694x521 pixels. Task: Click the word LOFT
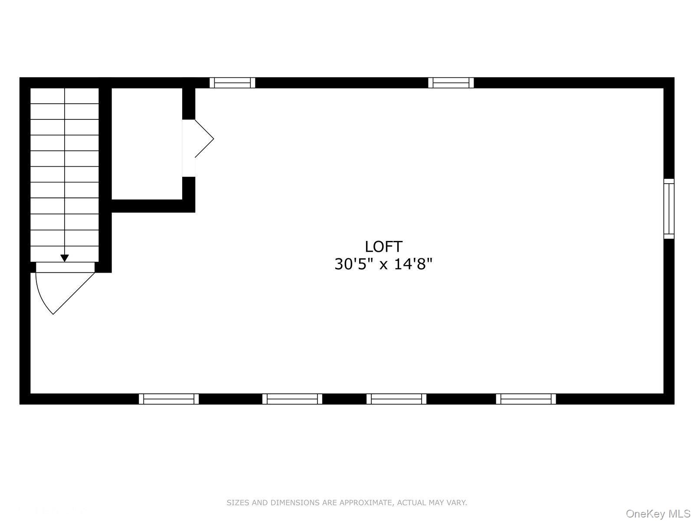383,247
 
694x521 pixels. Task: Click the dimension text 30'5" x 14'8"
383,264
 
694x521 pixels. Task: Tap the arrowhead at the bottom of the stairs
65,258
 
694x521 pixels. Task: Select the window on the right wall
669,208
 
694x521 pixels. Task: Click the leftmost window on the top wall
232,82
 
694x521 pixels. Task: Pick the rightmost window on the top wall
451,82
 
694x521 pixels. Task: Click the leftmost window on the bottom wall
169,399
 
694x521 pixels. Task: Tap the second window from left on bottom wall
292,399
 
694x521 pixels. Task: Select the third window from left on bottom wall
396,399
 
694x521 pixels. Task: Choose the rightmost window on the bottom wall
526,399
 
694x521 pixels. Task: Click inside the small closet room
147,144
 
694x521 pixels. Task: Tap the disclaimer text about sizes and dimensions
347,502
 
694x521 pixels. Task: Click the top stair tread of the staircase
65,96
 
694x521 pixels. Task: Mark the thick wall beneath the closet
153,206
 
